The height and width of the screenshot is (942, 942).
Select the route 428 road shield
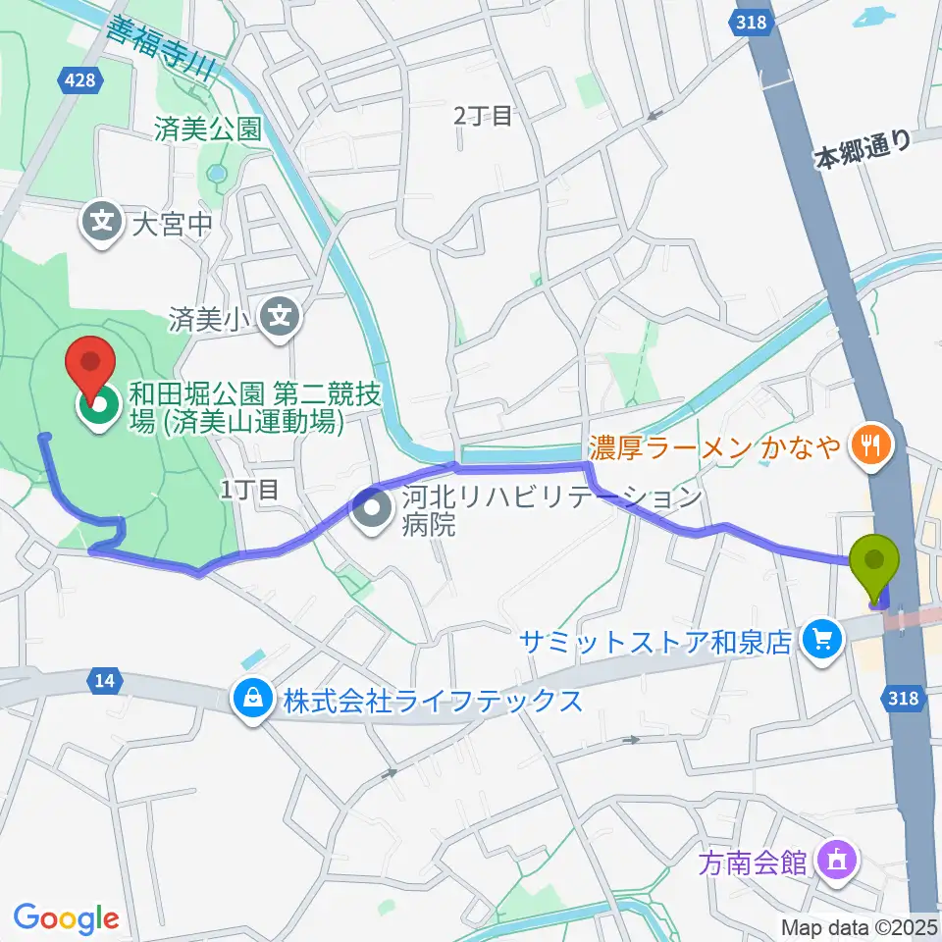click(77, 79)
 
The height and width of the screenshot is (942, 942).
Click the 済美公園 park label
click(208, 129)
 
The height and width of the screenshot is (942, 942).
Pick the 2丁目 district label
click(483, 117)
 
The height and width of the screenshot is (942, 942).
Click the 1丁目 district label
click(250, 490)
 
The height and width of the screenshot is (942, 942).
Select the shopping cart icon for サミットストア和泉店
click(820, 641)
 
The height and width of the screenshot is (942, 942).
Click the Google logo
click(67, 918)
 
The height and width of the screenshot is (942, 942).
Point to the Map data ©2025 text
click(860, 926)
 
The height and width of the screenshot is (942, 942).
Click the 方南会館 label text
click(754, 863)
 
